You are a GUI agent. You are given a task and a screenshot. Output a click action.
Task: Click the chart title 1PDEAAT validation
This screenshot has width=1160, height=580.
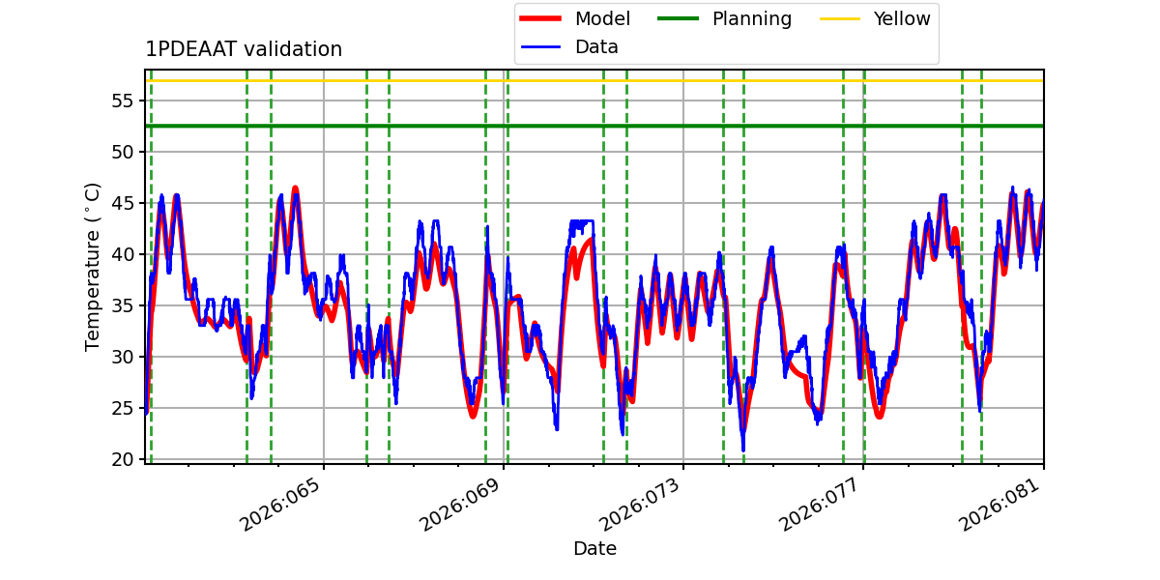click(244, 49)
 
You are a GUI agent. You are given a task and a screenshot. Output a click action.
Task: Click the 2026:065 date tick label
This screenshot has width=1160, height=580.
click(282, 505)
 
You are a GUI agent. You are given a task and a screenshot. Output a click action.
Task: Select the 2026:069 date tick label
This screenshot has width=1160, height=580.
click(462, 505)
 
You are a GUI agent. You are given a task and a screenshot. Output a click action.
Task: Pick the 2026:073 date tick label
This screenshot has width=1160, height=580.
click(642, 505)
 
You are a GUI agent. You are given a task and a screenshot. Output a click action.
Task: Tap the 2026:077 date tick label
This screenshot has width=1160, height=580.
click(822, 505)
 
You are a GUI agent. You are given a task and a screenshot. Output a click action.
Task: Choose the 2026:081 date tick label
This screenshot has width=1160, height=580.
click(1001, 505)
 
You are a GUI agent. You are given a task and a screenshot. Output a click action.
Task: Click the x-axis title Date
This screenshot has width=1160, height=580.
click(594, 549)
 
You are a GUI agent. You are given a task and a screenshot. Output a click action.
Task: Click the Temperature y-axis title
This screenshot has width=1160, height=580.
click(93, 266)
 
